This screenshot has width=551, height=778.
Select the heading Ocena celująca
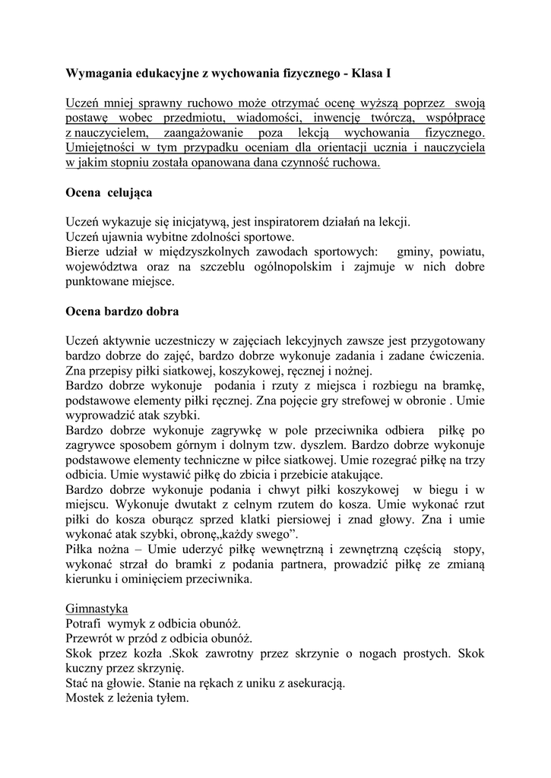tap(109, 192)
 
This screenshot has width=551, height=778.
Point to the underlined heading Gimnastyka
tap(97, 609)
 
